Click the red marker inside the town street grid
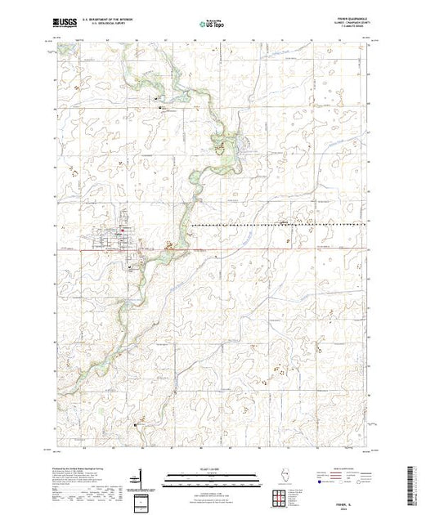(122, 239)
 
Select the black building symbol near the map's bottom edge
(136, 424)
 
